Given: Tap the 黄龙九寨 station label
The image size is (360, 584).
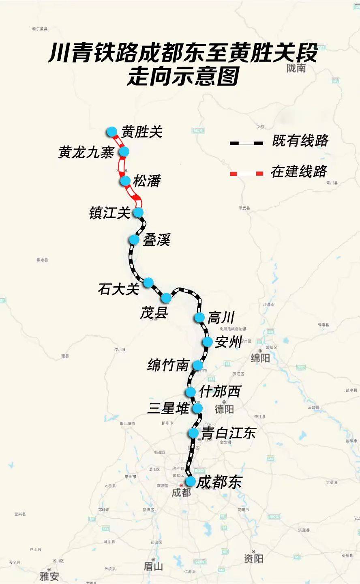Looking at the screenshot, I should coord(86,152).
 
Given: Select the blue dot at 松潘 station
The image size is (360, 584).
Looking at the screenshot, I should coord(125,181).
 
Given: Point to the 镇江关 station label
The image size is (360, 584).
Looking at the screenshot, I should coord(109,213).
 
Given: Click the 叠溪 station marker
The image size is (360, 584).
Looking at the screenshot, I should coord(134,240).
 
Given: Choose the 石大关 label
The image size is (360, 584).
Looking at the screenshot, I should coord(118,289).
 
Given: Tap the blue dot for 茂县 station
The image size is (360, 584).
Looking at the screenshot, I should coord(166,298).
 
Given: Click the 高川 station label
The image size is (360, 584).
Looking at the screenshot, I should coord(221,318).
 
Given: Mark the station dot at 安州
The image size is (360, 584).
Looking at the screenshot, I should coord(208,342).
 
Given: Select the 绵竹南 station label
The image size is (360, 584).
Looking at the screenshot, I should coord(168,365).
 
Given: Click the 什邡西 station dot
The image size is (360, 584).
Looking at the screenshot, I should coord(191,392).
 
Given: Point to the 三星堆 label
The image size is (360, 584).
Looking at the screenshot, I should coord(168,408).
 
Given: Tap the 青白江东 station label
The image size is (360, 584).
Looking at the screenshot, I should coord(229,433).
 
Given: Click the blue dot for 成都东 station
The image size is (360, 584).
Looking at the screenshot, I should coord(190,482).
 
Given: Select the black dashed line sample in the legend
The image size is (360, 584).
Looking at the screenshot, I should coord(246,143).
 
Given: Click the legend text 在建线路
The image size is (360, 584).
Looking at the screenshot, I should coord(299,172).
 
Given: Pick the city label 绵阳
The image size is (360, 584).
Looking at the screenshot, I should coord(260,358).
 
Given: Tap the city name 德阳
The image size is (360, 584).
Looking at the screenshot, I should coord(224,408).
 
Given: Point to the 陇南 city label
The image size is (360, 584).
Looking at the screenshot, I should coord(296,68).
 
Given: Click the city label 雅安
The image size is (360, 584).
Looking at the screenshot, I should coord(49,576).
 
